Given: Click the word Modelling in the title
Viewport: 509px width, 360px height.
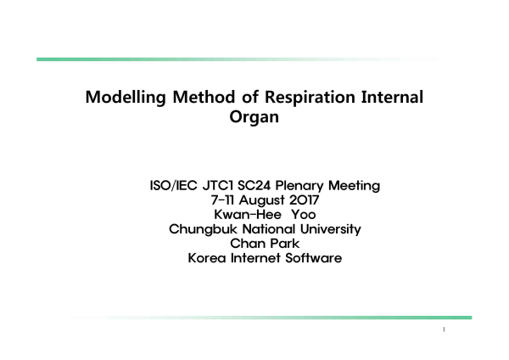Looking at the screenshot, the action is [x=126, y=98].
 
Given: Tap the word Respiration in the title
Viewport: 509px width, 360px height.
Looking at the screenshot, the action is [x=310, y=98].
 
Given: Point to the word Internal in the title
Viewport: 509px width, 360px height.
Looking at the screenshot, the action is [x=392, y=97].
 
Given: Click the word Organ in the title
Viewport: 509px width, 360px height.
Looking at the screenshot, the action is [x=255, y=117].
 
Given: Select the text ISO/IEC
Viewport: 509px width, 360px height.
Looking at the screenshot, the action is [x=173, y=186].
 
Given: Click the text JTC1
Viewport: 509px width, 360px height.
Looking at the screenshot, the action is [x=218, y=186].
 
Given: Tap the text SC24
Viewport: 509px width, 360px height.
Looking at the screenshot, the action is [x=255, y=186].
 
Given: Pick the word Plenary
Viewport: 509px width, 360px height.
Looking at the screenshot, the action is [x=299, y=186].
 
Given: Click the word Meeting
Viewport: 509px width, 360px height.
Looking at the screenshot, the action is [x=354, y=186].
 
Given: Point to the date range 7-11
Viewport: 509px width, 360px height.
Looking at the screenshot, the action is [x=222, y=200].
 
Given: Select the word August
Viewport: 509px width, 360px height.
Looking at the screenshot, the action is [x=261, y=200].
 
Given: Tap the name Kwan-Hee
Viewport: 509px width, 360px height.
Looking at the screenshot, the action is [x=248, y=215].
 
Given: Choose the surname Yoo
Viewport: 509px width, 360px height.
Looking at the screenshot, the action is [x=303, y=215].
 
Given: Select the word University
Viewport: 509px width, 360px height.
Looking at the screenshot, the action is [x=331, y=229].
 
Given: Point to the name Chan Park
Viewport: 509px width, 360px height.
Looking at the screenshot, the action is [x=265, y=244].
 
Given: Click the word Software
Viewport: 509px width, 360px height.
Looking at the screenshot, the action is [x=314, y=258].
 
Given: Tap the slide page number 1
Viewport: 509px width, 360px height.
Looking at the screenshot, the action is [x=444, y=329].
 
